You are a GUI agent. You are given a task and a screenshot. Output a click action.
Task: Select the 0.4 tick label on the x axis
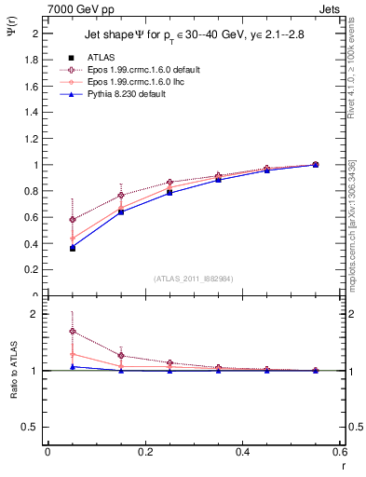click(x=242, y=452)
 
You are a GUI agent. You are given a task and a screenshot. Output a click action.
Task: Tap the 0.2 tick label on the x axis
click(x=144, y=452)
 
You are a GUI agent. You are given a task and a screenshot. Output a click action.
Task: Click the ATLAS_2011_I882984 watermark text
click(x=193, y=278)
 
